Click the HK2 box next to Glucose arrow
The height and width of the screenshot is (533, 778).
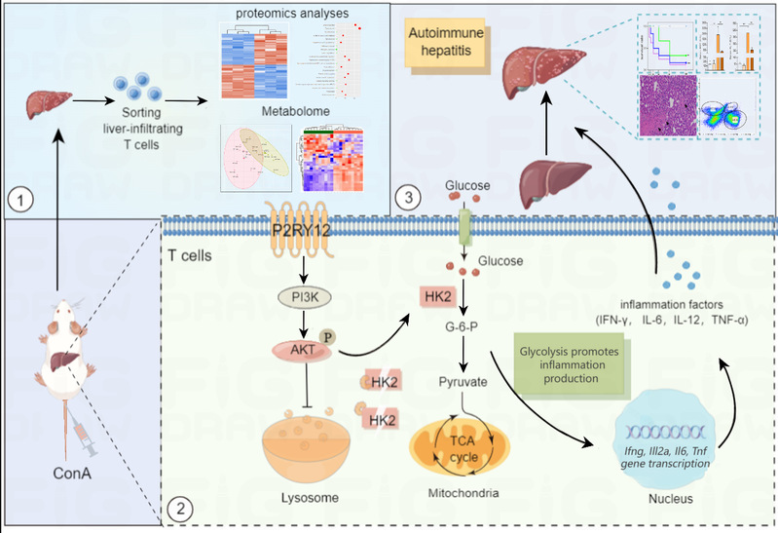point(437,295)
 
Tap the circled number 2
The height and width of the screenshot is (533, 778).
point(177,509)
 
